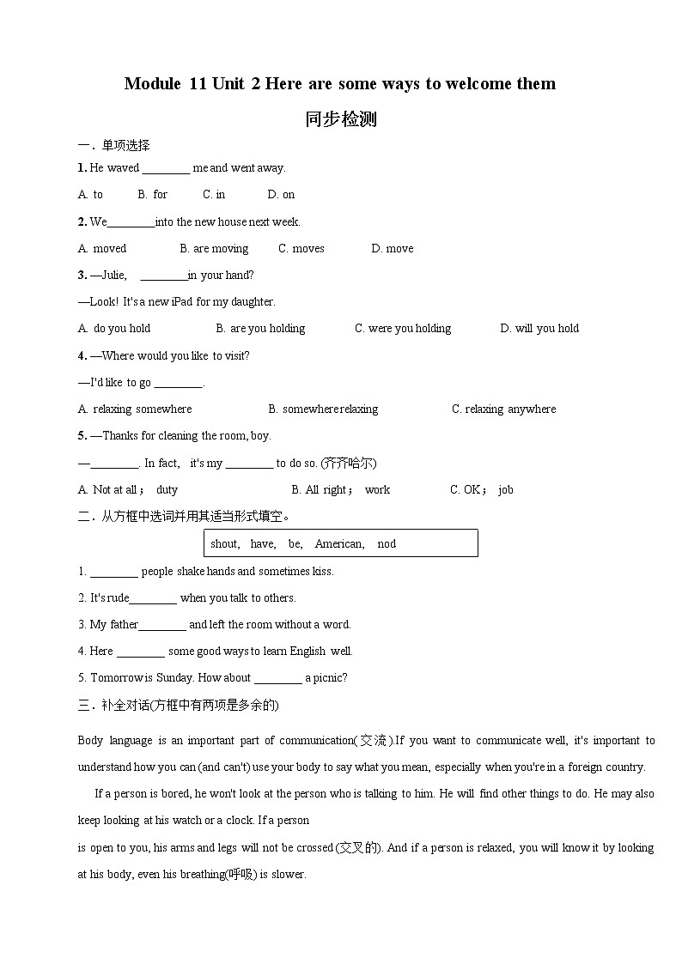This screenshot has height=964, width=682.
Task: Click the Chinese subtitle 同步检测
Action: [340, 119]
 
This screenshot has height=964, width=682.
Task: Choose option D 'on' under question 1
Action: [281, 195]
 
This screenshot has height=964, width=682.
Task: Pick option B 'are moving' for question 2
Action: [214, 249]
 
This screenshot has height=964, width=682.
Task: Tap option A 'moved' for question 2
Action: [102, 249]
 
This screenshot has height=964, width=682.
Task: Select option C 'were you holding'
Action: [403, 329]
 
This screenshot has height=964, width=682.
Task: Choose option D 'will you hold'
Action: [539, 329]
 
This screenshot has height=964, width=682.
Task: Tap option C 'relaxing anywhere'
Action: [503, 409]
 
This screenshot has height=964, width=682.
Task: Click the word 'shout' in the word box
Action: [224, 544]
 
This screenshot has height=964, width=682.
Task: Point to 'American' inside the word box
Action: [338, 544]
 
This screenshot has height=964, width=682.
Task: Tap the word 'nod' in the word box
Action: [387, 544]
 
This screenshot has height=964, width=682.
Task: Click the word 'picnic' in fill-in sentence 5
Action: [331, 678]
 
